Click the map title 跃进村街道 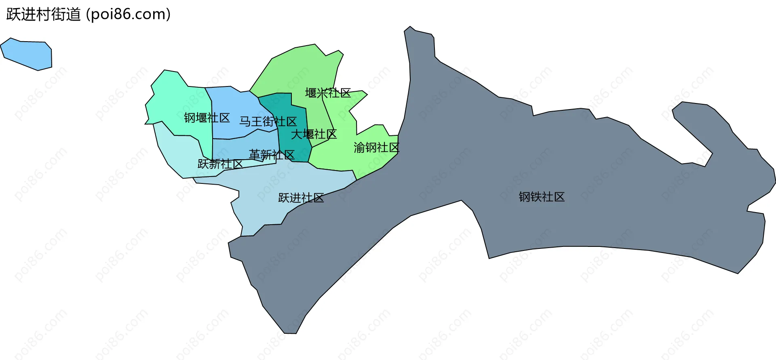click(x=44, y=15)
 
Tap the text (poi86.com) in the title click(x=129, y=15)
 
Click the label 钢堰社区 click(x=207, y=118)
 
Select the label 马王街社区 click(x=268, y=122)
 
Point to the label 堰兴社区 click(x=328, y=93)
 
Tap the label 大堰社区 click(x=314, y=134)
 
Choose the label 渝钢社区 click(x=376, y=147)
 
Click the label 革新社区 click(x=272, y=155)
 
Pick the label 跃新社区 click(x=220, y=164)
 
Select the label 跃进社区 click(x=301, y=198)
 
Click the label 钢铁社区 click(x=542, y=197)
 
